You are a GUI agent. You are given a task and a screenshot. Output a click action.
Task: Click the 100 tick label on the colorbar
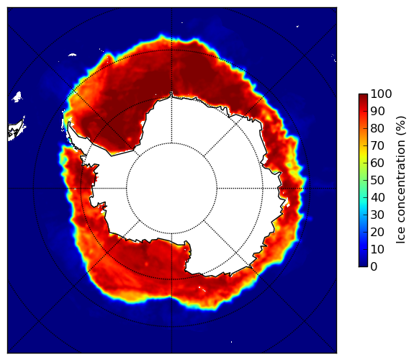[381, 94]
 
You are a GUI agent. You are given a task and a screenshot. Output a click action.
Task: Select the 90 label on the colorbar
[377, 111]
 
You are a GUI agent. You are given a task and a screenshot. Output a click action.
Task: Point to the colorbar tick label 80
[377, 129]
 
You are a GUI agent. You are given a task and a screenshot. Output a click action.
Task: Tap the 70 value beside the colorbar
[377, 145]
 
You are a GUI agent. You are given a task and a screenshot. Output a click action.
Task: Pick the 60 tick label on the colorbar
[377, 163]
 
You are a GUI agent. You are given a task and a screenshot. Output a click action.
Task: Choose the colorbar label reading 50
[377, 181]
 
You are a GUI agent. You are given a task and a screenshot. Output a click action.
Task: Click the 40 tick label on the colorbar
[377, 197]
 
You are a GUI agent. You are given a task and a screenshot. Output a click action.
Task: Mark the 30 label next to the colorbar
[377, 215]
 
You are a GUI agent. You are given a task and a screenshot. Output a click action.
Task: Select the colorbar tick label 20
[377, 232]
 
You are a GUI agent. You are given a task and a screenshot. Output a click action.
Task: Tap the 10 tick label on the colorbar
[377, 249]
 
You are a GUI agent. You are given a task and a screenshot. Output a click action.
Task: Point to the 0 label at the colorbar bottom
[374, 267]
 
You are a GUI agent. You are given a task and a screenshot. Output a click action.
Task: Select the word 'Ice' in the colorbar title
[400, 238]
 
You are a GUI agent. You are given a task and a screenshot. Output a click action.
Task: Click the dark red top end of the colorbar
[363, 95]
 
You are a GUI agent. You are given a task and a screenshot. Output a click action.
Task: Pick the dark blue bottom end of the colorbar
[363, 265]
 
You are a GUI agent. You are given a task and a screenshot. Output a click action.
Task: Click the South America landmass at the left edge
[15, 130]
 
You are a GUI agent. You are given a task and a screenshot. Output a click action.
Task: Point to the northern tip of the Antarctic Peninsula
[69, 122]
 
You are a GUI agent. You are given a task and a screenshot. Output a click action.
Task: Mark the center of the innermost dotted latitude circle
[171, 189]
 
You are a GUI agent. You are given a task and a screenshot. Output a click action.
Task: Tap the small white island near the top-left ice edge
[72, 55]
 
